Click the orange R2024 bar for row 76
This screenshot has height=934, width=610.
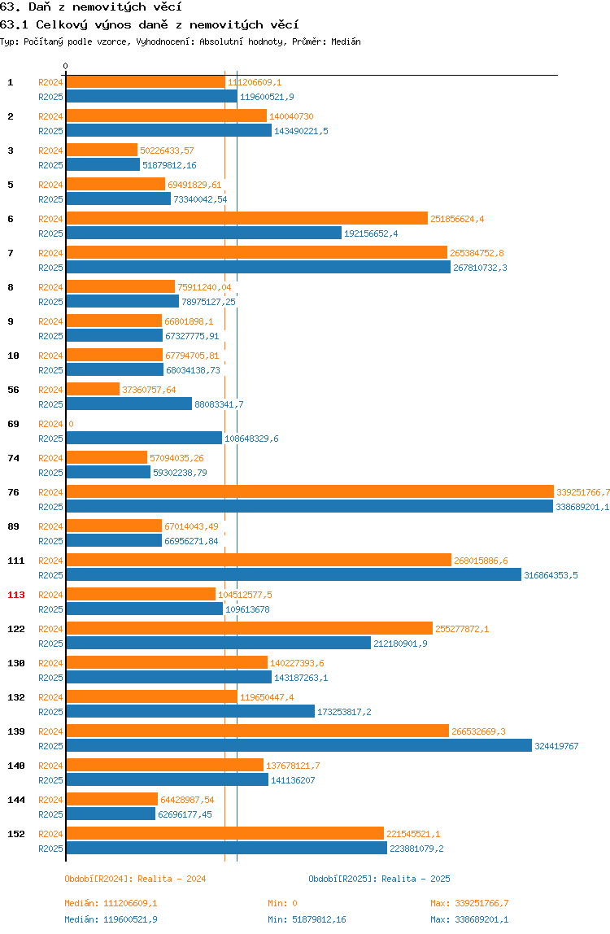(310, 492)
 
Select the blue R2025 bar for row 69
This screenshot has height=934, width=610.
(144, 439)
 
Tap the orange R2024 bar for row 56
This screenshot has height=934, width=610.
(93, 390)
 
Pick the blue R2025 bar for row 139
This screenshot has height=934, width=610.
(299, 746)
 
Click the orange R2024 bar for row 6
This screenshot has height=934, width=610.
(247, 219)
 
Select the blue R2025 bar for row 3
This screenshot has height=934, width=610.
(103, 165)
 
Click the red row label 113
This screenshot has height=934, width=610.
(16, 595)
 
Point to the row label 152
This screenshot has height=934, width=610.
(16, 835)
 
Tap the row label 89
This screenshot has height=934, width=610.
(13, 526)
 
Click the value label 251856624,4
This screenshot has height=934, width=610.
(457, 219)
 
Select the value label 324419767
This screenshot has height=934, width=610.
(556, 746)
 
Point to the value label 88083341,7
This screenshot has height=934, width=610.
(220, 404)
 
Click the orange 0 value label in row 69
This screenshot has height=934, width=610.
(71, 424)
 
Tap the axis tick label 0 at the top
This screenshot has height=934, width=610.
(66, 66)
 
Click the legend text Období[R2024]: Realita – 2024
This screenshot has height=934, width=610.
(135, 879)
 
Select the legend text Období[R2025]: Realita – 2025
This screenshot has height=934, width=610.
(380, 879)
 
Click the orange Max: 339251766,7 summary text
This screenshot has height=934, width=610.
(469, 904)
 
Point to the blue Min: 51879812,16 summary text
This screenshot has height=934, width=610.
(307, 919)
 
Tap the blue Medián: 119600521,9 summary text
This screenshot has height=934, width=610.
(111, 919)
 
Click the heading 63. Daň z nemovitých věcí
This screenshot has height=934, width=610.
(90, 7)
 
